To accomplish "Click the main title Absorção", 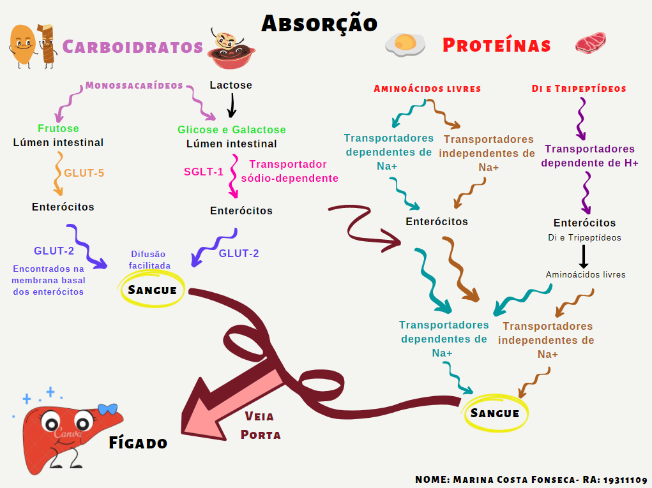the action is pyautogui.click(x=319, y=23).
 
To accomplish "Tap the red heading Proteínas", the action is pyautogui.click(x=496, y=45).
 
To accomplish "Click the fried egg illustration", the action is pyautogui.click(x=406, y=44).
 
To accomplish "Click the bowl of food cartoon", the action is pyautogui.click(x=231, y=51).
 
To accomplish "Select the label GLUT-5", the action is pyautogui.click(x=84, y=172).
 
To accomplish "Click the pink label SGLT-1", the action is pyautogui.click(x=204, y=171).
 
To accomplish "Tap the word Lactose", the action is pyautogui.click(x=231, y=85).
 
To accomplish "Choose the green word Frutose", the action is pyautogui.click(x=58, y=129).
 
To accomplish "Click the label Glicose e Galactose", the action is pyautogui.click(x=231, y=129).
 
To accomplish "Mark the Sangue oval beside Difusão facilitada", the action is pyautogui.click(x=153, y=290).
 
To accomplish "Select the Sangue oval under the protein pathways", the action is pyautogui.click(x=495, y=413).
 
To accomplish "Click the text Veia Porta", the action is pyautogui.click(x=259, y=425).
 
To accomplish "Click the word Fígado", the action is pyautogui.click(x=138, y=442).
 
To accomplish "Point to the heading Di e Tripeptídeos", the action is pyautogui.click(x=579, y=89).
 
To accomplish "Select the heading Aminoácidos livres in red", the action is pyautogui.click(x=427, y=89).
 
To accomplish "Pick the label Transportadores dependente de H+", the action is pyautogui.click(x=589, y=156).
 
